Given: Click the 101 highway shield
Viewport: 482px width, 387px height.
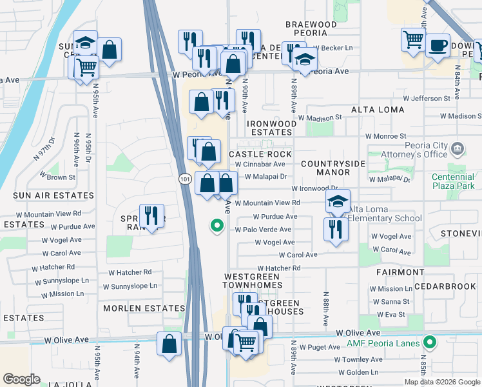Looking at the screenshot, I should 184,179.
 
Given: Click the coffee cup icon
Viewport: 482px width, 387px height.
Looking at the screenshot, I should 438,45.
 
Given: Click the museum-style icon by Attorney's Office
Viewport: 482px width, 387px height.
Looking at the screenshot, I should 458,150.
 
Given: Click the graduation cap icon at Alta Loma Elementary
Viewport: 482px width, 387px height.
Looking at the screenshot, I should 338,202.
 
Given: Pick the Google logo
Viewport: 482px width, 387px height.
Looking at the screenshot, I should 22,379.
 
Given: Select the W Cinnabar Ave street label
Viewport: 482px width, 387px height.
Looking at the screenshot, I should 260,164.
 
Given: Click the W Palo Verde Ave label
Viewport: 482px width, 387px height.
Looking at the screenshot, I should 263,230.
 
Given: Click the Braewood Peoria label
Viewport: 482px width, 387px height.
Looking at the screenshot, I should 311,28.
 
